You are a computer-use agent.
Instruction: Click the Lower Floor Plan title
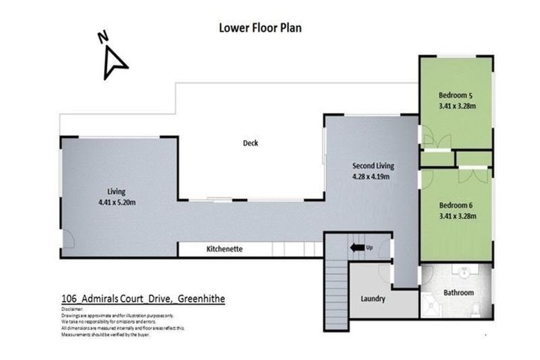(261, 28)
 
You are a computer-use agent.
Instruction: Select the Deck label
(250, 143)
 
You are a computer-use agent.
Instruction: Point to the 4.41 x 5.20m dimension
(117, 202)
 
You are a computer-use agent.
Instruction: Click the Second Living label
(373, 166)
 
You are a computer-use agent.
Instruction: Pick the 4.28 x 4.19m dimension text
(373, 177)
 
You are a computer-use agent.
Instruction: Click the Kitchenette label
(224, 250)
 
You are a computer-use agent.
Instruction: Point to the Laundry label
(373, 299)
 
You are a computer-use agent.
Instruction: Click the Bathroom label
(458, 292)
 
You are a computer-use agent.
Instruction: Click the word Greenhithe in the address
(203, 299)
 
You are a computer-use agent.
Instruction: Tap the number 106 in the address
(69, 299)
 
